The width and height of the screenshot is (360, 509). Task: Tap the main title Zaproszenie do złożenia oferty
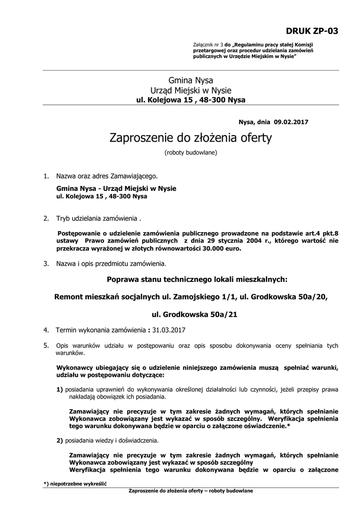191,138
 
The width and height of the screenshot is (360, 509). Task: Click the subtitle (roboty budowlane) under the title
191,153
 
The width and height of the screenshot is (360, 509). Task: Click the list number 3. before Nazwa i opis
46,263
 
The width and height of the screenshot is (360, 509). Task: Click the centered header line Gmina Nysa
191,80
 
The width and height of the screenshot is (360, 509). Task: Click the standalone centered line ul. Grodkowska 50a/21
191,315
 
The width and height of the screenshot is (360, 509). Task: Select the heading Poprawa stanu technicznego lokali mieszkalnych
191,279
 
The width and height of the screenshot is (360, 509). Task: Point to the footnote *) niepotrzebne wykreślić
75,483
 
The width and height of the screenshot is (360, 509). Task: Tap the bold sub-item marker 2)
60,440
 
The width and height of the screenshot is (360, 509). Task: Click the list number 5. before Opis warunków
46,344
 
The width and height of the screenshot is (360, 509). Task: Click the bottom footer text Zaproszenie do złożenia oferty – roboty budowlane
191,491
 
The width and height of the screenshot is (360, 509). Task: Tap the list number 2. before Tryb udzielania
46,218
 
